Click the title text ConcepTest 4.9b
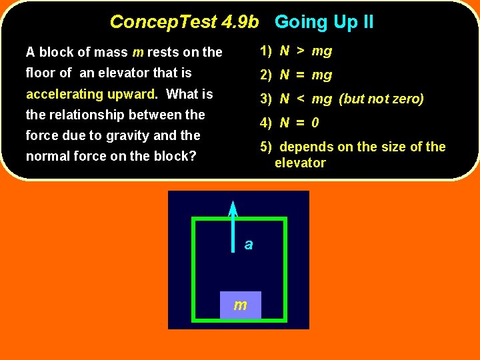click(x=184, y=22)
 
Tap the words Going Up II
click(x=324, y=22)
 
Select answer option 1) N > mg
click(x=296, y=51)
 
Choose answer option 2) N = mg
click(x=296, y=75)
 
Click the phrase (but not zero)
click(x=381, y=99)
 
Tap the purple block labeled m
click(x=240, y=305)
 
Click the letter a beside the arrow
click(x=249, y=245)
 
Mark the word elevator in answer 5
click(x=300, y=163)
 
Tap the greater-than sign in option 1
click(x=301, y=51)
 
